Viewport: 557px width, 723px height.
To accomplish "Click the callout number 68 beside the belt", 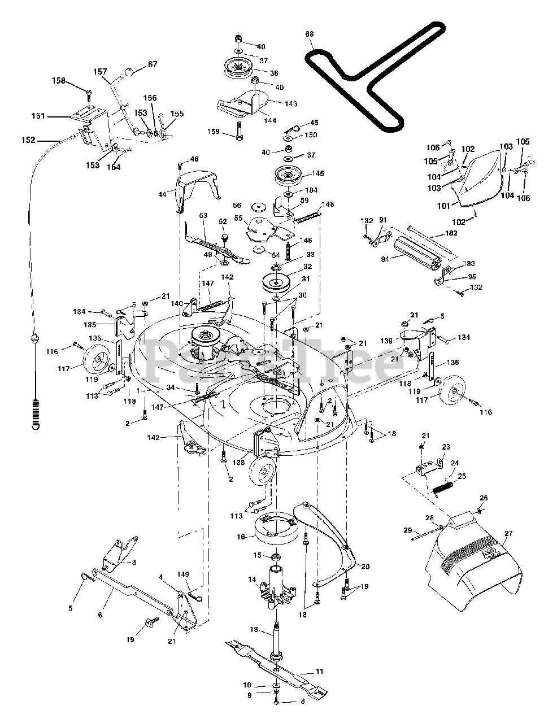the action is click(x=309, y=34).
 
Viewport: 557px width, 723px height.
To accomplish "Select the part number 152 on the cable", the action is click(x=28, y=140).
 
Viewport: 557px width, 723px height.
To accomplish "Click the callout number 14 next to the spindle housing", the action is click(x=252, y=580).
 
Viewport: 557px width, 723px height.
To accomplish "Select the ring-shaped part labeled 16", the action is click(x=275, y=531).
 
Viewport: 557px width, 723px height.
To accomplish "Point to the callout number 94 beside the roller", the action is click(x=385, y=259).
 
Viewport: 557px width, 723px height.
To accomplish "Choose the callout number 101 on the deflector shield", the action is click(x=443, y=206).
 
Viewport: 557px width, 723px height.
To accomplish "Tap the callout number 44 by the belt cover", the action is click(x=162, y=195).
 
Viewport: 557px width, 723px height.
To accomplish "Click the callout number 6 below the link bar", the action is click(x=100, y=615).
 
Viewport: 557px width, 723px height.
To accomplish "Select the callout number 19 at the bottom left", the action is click(x=130, y=639).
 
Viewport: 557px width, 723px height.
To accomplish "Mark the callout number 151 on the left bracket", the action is click(x=38, y=116).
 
